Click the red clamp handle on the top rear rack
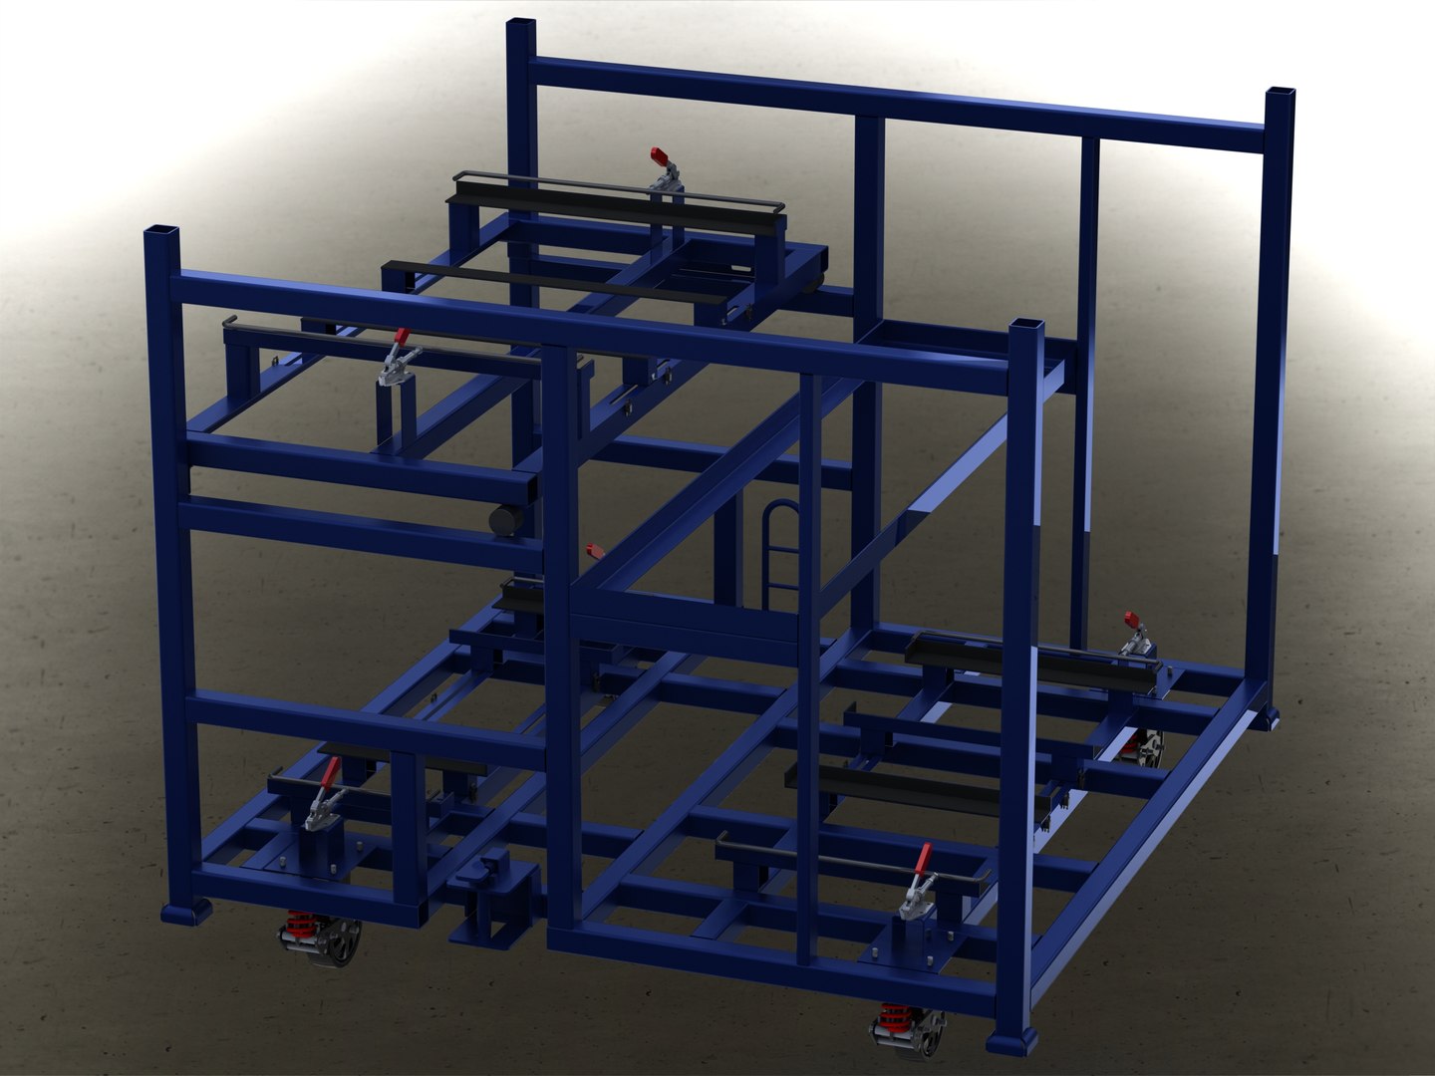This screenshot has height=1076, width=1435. (659, 157)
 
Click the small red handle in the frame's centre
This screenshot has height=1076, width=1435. (595, 548)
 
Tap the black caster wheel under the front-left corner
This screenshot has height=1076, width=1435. (339, 942)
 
